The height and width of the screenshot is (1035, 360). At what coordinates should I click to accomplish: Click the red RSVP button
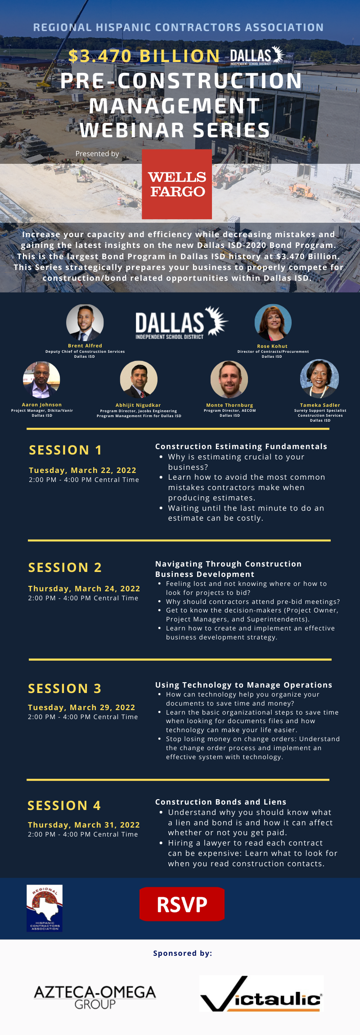coord(182,904)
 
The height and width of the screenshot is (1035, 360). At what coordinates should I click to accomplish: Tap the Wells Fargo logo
coord(177,184)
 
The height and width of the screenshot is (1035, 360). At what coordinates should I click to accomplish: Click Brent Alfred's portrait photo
coord(85,323)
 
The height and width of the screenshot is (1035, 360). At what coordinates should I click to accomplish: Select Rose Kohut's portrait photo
coord(273,323)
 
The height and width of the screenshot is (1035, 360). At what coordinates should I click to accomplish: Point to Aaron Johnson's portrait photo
coord(41,380)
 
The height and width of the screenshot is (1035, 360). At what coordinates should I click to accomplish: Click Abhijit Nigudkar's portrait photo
coord(139,379)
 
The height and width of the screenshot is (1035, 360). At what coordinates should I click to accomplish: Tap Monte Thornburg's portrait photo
coord(229,379)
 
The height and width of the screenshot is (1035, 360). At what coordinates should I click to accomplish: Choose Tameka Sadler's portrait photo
coord(319,378)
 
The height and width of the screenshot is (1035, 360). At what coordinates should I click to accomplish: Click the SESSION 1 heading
coord(66,450)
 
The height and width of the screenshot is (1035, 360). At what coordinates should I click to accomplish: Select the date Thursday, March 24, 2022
coord(84,589)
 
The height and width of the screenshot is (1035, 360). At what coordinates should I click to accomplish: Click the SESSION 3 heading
coord(65,688)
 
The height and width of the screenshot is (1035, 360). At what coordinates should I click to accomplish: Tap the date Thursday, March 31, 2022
coord(84,825)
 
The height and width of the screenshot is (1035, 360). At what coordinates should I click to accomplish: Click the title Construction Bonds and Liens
coord(220,802)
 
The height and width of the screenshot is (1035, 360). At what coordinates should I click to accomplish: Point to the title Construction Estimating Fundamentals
coord(241,446)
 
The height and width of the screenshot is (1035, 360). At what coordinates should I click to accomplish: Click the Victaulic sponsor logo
coord(261,994)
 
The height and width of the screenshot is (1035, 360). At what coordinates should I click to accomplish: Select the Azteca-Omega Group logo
coord(95,997)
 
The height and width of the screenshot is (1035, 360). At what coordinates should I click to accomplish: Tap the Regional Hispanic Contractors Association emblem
coord(45,908)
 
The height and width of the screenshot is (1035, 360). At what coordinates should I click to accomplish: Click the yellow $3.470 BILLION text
coord(144,56)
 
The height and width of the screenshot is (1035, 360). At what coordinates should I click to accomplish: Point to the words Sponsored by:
coord(182,953)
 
